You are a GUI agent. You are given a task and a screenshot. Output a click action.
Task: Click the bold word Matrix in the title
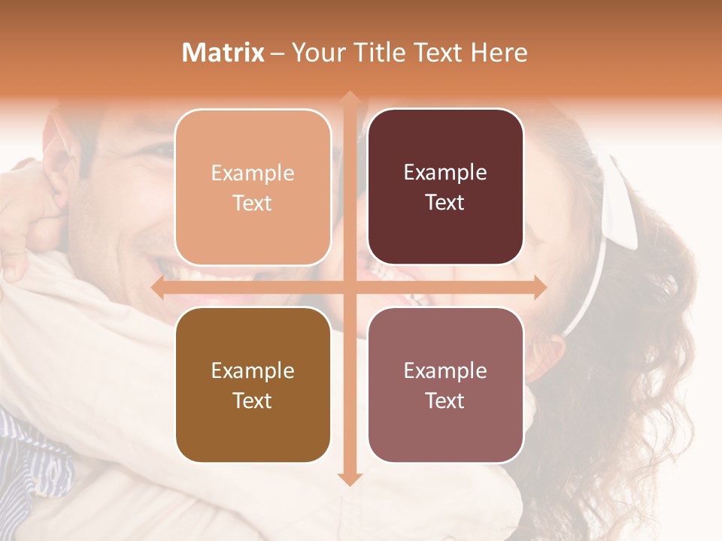223,53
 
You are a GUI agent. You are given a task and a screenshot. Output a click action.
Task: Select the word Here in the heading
499,53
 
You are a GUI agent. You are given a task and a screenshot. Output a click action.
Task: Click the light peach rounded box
253,187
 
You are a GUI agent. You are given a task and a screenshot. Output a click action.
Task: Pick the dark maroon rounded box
445,187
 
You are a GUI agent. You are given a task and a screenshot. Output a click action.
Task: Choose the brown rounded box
253,385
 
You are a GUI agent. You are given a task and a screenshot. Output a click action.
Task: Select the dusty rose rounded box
445,385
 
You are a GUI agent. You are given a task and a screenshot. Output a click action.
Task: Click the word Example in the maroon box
445,173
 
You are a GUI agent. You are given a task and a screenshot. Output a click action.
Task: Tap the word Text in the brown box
253,400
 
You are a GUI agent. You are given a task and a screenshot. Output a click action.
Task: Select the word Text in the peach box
253,203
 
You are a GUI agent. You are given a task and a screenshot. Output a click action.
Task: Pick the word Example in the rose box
445,370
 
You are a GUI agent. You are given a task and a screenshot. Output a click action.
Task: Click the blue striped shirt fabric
30,451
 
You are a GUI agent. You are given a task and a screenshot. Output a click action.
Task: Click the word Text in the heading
437,53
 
